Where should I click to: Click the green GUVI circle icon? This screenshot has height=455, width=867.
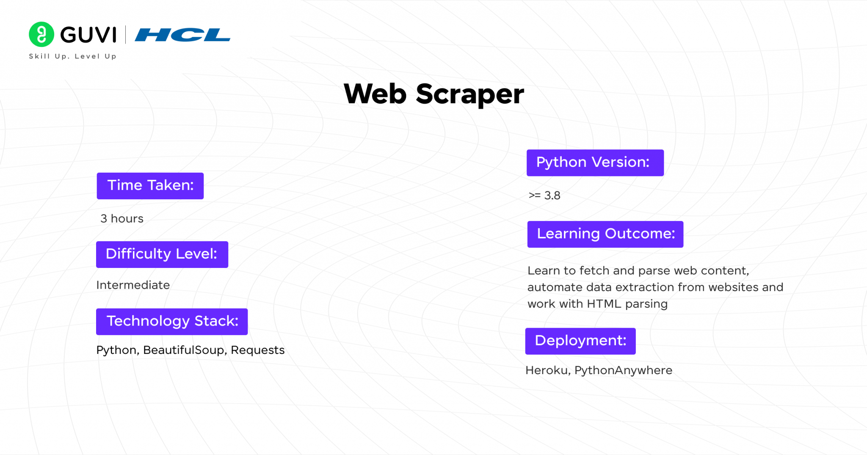pos(41,34)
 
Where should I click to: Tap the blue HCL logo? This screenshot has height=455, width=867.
pos(182,35)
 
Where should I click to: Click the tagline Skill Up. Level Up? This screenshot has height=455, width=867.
pos(72,56)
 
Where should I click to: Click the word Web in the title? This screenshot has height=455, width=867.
pos(375,94)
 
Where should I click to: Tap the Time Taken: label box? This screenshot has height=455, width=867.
pos(150,186)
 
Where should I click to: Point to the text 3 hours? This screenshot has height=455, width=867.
pos(122,218)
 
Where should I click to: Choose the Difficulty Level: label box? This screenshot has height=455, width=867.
pos(162,254)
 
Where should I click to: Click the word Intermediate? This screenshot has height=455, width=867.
pos(133,285)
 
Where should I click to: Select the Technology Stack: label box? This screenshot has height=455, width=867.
pos(172,322)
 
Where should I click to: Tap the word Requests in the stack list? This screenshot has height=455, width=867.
pos(257,350)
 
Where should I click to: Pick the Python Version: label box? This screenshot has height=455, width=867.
pos(595,163)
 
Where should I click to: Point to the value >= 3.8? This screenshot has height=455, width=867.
pos(544,196)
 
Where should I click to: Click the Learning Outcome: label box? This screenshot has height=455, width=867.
pos(605,234)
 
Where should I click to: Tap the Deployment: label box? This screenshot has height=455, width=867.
pos(580,341)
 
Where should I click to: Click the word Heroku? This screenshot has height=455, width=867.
pos(547,370)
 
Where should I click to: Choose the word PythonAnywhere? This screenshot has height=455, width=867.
pos(623,370)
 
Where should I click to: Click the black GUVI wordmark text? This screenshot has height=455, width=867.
pos(88,35)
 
